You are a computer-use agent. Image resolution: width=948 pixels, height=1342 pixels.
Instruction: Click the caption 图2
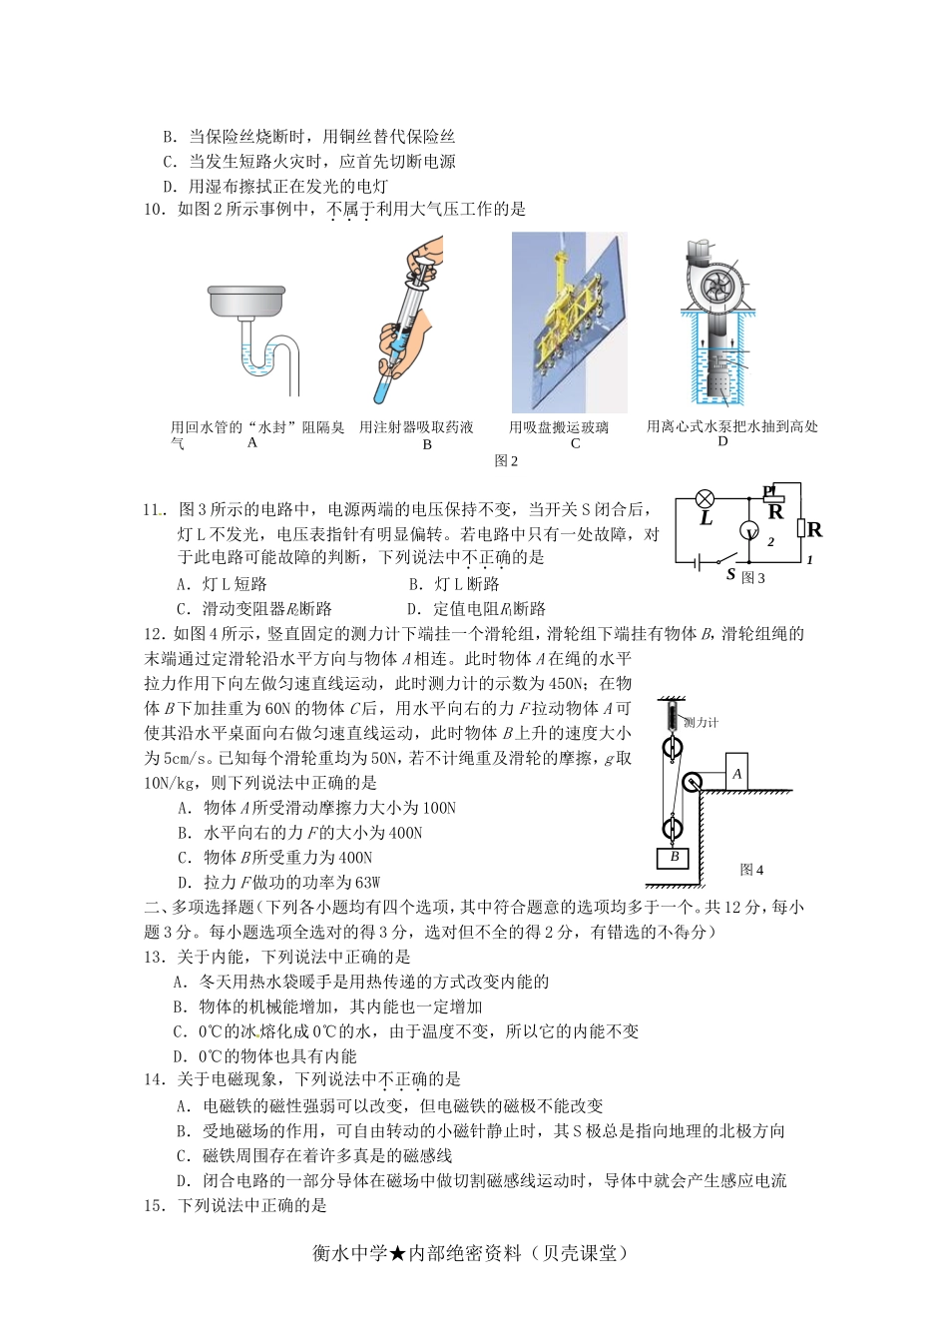pyautogui.click(x=507, y=461)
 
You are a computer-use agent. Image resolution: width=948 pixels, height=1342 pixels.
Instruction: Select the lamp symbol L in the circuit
pyautogui.click(x=706, y=497)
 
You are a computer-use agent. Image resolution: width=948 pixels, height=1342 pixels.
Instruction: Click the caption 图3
pyautogui.click(x=753, y=578)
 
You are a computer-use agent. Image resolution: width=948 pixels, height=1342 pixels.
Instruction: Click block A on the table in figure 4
pyautogui.click(x=737, y=773)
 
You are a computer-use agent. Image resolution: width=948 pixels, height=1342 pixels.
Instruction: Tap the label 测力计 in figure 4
pyautogui.click(x=701, y=722)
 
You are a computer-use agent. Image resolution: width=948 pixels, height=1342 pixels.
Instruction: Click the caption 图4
pyautogui.click(x=752, y=870)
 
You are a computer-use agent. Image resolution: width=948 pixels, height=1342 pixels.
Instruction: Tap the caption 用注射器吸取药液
pyautogui.click(x=416, y=427)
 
